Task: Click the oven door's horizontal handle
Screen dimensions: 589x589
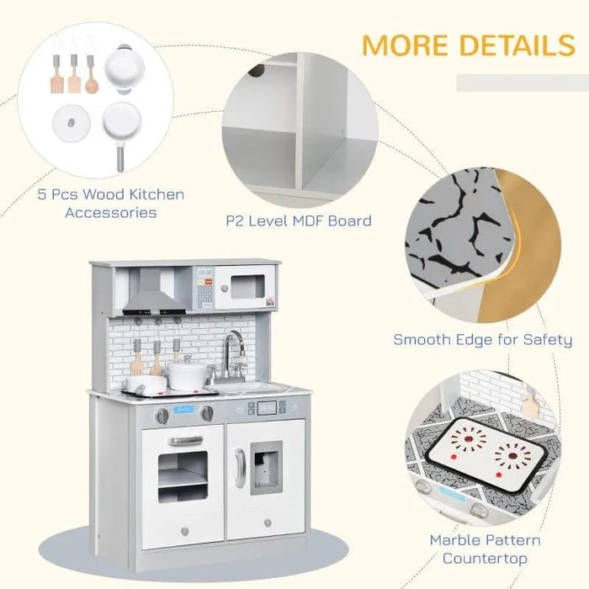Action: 184,440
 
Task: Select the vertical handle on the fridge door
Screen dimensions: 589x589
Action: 240,467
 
